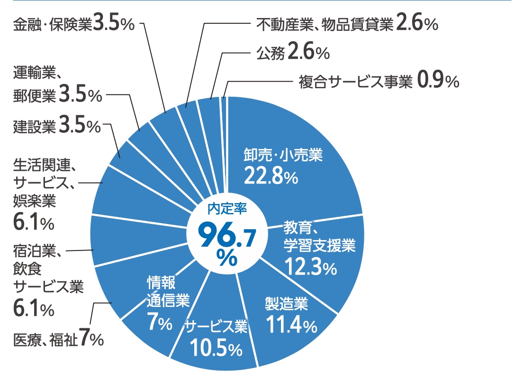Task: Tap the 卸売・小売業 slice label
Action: coord(283,154)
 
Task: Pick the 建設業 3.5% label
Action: coord(57,126)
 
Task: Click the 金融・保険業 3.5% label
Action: coord(74,25)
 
